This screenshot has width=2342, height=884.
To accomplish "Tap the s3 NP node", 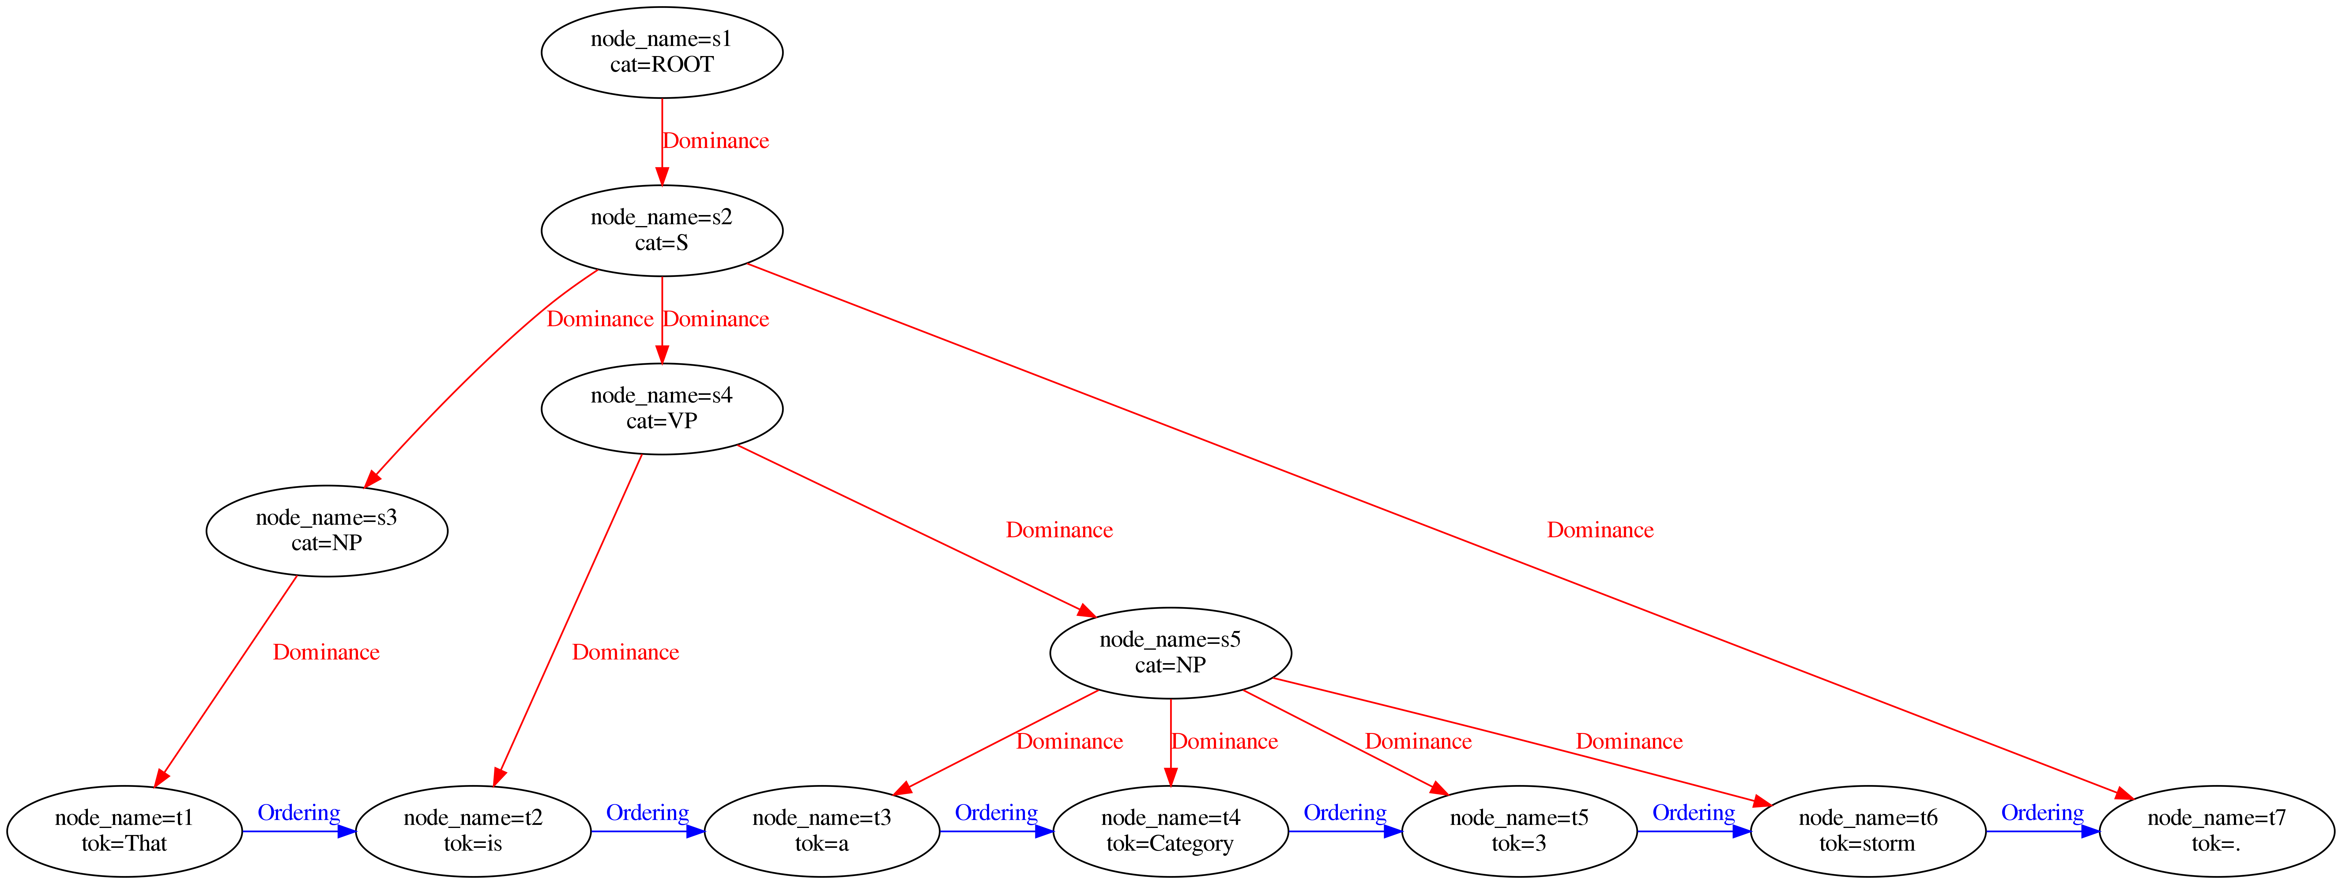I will [x=326, y=530].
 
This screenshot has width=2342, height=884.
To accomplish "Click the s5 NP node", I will [x=1170, y=652].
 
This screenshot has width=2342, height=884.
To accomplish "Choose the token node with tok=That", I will [x=125, y=830].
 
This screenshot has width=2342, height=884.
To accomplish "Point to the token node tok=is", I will [x=473, y=830].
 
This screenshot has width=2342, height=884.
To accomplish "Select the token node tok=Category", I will [x=1170, y=830].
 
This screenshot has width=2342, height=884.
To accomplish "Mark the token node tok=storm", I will [x=1867, y=830].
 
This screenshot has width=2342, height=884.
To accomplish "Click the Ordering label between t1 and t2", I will [x=298, y=812].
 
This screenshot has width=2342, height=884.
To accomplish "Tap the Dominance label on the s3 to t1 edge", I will [x=326, y=652].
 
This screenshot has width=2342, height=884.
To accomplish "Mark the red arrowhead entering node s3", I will [x=371, y=479].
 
